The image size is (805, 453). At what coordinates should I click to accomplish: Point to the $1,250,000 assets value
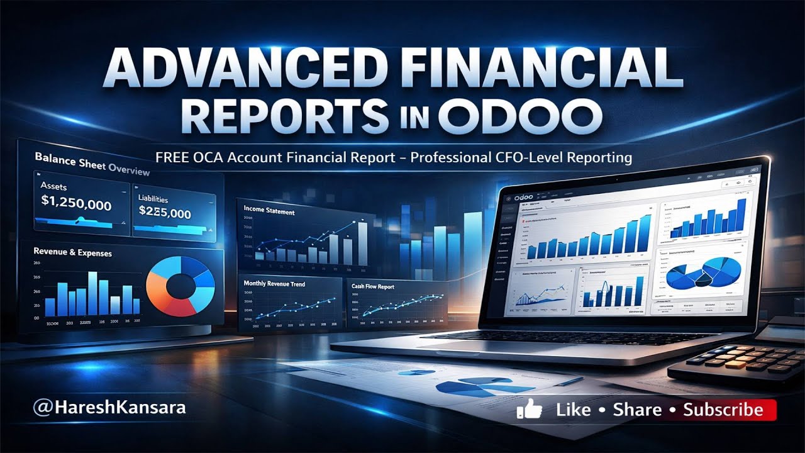tap(76, 205)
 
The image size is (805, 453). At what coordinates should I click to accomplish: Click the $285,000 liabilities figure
tap(165, 214)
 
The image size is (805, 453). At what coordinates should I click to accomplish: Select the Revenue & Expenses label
tap(73, 252)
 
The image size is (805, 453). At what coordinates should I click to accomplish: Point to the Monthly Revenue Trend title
tap(274, 284)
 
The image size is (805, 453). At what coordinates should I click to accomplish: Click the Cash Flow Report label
tap(373, 287)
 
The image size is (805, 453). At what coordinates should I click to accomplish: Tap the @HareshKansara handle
tap(109, 407)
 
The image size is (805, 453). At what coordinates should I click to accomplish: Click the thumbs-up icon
tap(530, 410)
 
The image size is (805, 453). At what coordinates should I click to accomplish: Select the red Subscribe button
tap(723, 410)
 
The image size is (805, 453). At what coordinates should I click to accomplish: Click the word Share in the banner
tap(636, 410)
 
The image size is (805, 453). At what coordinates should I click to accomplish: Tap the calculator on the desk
tap(742, 359)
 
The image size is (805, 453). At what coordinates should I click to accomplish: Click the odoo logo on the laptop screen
tap(528, 198)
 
